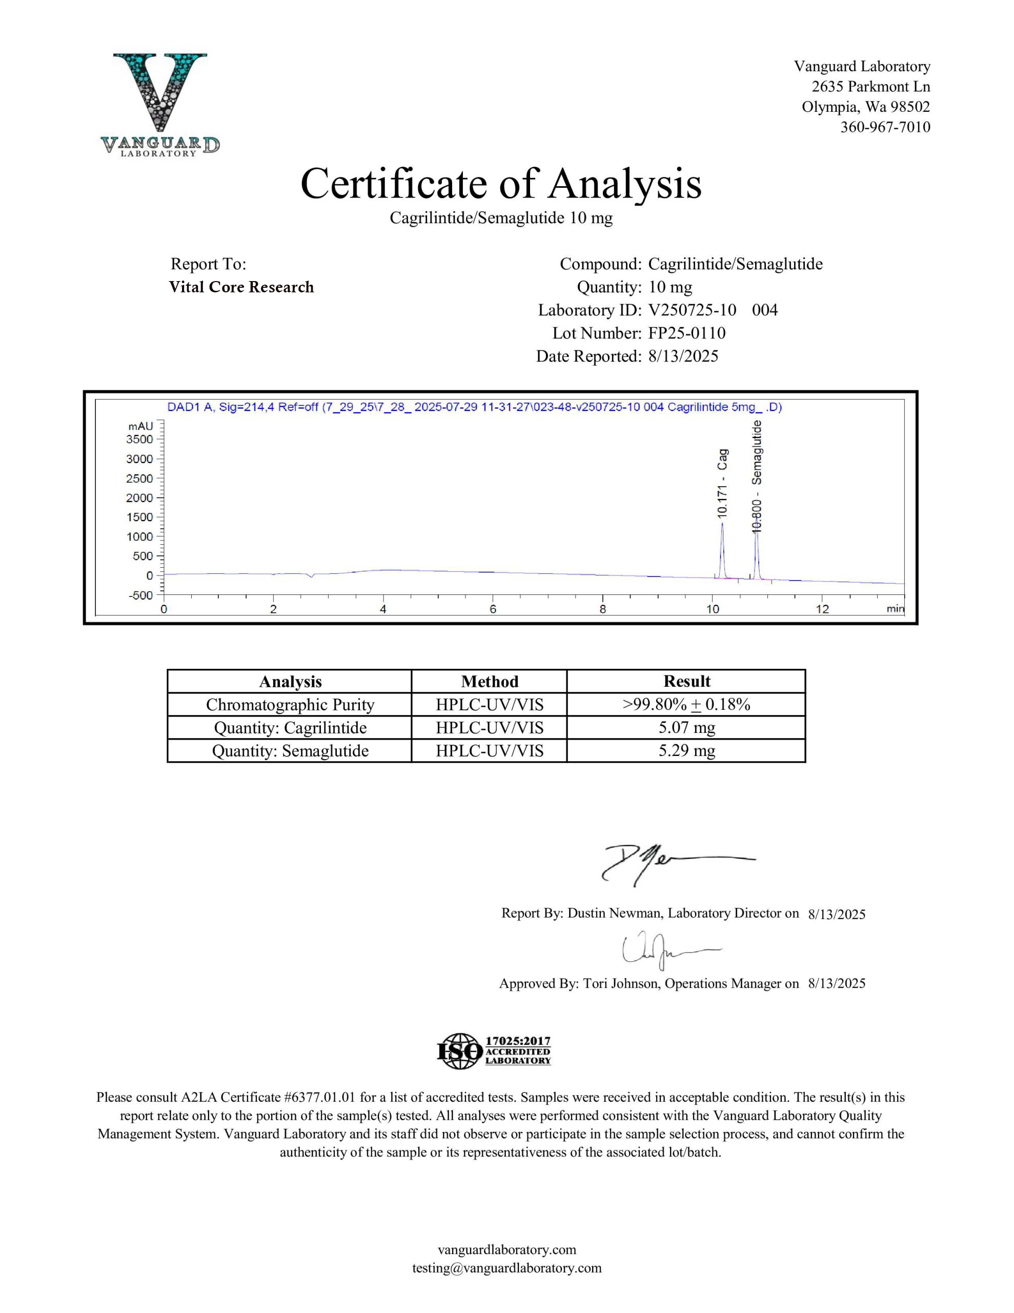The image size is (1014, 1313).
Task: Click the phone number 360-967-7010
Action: coord(885,127)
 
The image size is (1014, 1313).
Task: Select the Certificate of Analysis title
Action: coord(501,184)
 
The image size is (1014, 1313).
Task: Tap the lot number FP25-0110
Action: coord(686,333)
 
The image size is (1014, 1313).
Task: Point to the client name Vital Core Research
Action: coord(241,287)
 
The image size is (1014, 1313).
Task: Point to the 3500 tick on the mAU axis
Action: coord(139,439)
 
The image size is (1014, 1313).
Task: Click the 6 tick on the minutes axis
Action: coord(493,609)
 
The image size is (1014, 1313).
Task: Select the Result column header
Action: coord(686,681)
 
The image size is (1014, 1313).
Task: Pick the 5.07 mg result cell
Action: coord(686,727)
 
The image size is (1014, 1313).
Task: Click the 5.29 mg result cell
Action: coord(686,751)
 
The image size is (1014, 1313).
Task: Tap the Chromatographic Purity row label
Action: coord(290,705)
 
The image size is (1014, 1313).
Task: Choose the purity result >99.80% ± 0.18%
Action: coord(686,704)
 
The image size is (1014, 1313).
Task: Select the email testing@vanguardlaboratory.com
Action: coord(506,1268)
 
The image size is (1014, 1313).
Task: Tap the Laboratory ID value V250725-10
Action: coord(692,310)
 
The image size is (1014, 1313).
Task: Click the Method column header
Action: coord(489,681)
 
